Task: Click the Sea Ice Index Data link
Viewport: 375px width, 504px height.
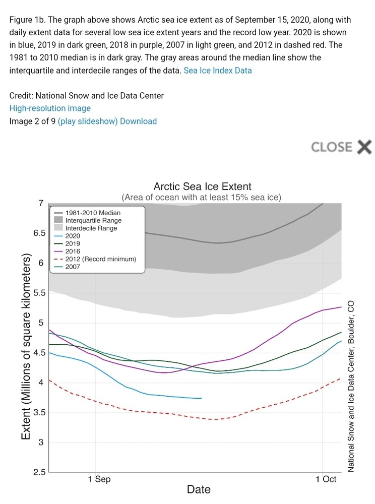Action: tap(217, 71)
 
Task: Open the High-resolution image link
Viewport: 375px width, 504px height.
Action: tap(50, 108)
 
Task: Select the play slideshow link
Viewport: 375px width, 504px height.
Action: tap(88, 121)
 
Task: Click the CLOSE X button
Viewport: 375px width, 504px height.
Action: tap(341, 147)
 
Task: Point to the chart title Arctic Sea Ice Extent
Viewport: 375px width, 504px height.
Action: tap(202, 187)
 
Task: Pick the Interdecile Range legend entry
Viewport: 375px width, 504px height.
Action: tap(91, 228)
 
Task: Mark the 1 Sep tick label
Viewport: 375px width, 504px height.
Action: tap(99, 479)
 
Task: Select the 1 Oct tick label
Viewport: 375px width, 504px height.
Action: tap(325, 479)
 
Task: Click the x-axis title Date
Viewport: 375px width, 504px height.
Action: tap(199, 489)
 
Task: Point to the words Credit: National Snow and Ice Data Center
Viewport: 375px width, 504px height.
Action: tap(86, 96)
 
